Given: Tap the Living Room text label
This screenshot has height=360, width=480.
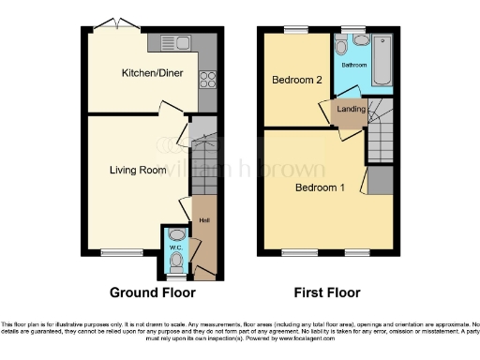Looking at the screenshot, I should [138, 171].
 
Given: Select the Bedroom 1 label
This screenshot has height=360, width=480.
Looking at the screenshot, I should [320, 187].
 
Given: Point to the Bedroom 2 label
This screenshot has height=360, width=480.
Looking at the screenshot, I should [297, 81].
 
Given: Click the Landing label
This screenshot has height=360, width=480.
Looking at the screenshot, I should [351, 110].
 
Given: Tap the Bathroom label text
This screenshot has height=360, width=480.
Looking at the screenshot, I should [353, 66].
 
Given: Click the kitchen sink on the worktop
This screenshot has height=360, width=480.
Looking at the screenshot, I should [175, 40].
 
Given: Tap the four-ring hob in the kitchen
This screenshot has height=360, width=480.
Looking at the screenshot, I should [207, 79].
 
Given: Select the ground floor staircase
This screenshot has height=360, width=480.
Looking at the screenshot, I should [203, 155].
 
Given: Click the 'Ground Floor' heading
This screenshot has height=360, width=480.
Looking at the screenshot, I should [147, 291].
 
